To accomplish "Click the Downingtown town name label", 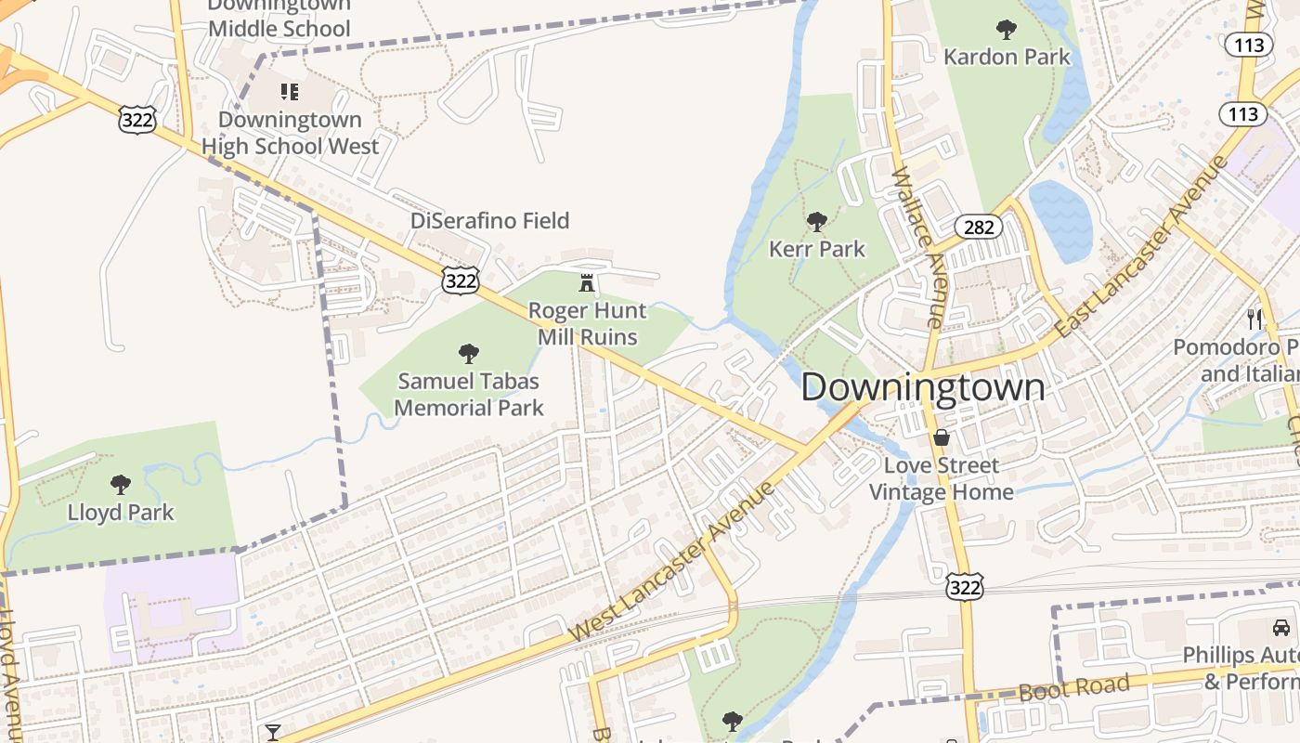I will pos(923,387).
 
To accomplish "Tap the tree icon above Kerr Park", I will pos(817,222).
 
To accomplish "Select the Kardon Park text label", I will pos(1007,57).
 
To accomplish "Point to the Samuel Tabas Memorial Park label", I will pos(469,394).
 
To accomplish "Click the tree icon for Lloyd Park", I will pos(121,485).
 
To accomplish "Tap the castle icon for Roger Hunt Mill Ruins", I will pos(587,282).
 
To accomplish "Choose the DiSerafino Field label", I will pos(490,220).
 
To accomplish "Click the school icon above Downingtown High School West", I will pos(290,92).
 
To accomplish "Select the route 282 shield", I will pos(979,227).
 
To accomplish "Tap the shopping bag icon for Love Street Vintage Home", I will pos(942,437).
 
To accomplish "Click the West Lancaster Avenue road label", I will pos(672,563).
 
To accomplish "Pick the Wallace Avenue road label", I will pos(916,247).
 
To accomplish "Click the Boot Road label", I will pos(1073,688).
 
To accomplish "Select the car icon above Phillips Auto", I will pos(1281,628).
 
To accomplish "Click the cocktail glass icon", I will pos(273,733).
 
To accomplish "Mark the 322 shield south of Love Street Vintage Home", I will pos(965,586).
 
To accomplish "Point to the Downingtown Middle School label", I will pos(279,19).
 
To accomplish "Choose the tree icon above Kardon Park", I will pos(1007,30).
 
